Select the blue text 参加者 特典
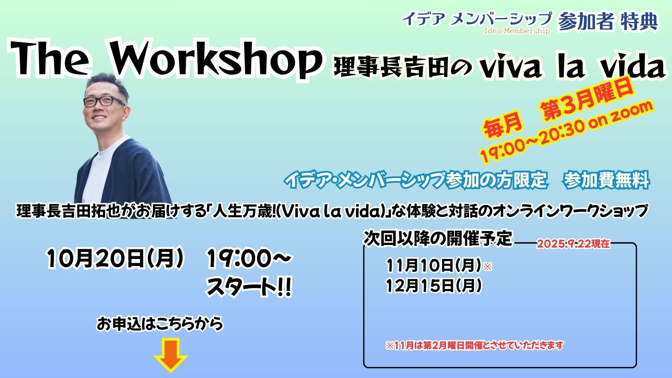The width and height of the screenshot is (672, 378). point(608,22)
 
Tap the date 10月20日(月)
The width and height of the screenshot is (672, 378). point(115,259)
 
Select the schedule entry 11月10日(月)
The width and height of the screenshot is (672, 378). point(434,266)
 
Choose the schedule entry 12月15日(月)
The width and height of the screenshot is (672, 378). point(434,286)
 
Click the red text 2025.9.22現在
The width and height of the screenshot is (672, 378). point(573,244)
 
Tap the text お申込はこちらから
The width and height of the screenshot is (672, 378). point(160,324)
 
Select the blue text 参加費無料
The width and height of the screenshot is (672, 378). point(607,180)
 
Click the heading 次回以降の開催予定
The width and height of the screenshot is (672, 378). point(438,238)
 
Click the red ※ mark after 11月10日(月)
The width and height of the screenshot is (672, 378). point(488,267)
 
